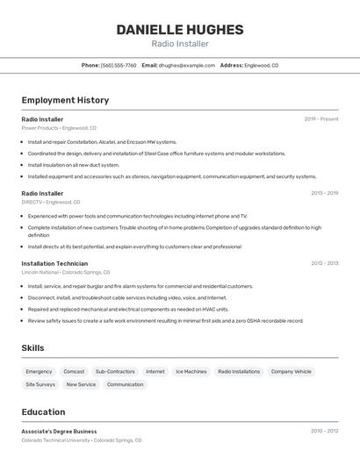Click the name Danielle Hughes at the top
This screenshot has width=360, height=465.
coord(180,30)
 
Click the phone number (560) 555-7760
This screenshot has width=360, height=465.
coord(119,65)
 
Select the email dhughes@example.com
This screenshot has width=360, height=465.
coord(187,65)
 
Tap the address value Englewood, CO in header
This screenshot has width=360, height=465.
coord(262,65)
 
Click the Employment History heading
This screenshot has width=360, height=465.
coord(65,100)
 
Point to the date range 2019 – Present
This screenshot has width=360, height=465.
coord(321,119)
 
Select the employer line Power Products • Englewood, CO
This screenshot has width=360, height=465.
coord(59,128)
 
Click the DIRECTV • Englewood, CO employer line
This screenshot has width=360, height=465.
coord(51,202)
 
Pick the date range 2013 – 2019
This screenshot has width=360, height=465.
coord(324,193)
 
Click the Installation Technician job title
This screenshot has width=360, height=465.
coord(54,263)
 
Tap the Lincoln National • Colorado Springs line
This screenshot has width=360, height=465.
coord(66,272)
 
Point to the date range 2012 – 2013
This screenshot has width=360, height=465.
coord(324,263)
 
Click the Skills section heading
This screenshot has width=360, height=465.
coord(32,348)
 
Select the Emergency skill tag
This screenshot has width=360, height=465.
coord(39,372)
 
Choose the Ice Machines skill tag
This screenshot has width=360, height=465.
coord(191,372)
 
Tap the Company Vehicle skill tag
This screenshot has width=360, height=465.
coord(291,372)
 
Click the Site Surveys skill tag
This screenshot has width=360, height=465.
coord(40,384)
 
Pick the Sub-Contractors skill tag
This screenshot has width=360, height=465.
coord(115,372)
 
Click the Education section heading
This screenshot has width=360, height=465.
coord(43,411)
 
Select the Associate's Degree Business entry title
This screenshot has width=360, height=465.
coord(59,432)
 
